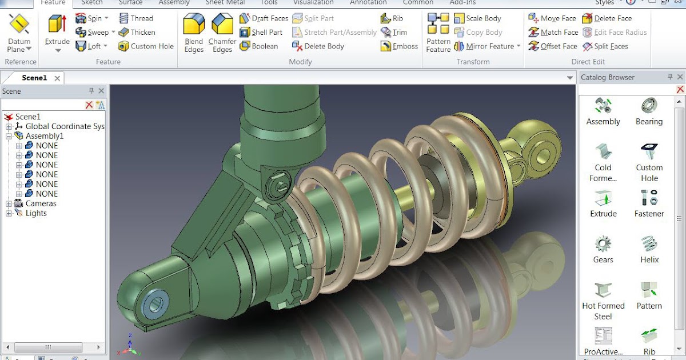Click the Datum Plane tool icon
(x=19, y=25)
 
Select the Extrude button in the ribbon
(x=57, y=26)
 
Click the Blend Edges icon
(x=194, y=26)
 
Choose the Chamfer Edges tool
(x=222, y=26)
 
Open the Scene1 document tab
(x=34, y=78)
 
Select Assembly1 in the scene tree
(x=44, y=136)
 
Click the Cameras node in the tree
(x=41, y=203)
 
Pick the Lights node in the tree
(x=35, y=213)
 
